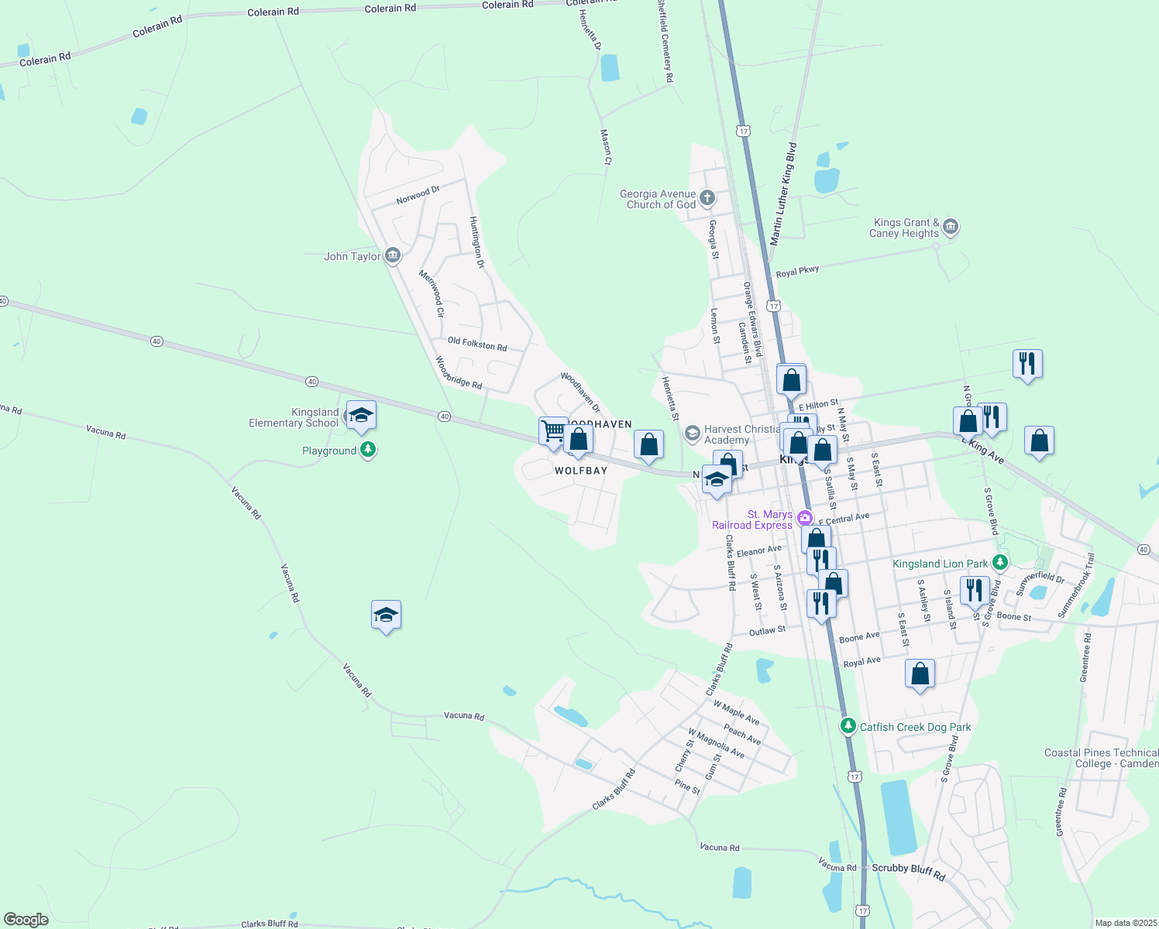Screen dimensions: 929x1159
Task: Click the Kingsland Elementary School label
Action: click(294, 417)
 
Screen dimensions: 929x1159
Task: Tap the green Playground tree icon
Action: click(369, 449)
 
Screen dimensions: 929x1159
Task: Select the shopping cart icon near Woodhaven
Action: click(553, 430)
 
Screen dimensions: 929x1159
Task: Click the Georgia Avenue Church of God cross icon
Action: click(707, 198)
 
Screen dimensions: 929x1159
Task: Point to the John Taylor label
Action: click(353, 256)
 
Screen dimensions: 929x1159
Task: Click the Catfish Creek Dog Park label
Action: click(915, 727)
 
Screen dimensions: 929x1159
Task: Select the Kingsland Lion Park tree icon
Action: click(1000, 563)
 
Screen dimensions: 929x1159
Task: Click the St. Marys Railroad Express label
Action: click(751, 519)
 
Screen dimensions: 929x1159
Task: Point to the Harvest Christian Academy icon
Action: click(693, 434)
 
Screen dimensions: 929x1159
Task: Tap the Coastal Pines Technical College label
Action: click(1101, 758)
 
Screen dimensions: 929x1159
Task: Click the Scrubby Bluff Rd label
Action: click(909, 871)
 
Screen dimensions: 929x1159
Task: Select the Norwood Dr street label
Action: click(418, 194)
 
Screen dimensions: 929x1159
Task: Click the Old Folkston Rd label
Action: click(477, 344)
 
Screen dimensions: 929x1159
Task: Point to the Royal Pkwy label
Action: click(797, 272)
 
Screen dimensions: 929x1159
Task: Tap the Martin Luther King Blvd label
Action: click(782, 194)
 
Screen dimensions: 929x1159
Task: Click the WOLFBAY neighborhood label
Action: click(581, 471)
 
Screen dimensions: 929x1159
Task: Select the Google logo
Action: click(26, 920)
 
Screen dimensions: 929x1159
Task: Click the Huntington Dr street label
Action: click(476, 242)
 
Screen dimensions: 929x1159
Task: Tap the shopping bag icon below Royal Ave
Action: click(920, 674)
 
